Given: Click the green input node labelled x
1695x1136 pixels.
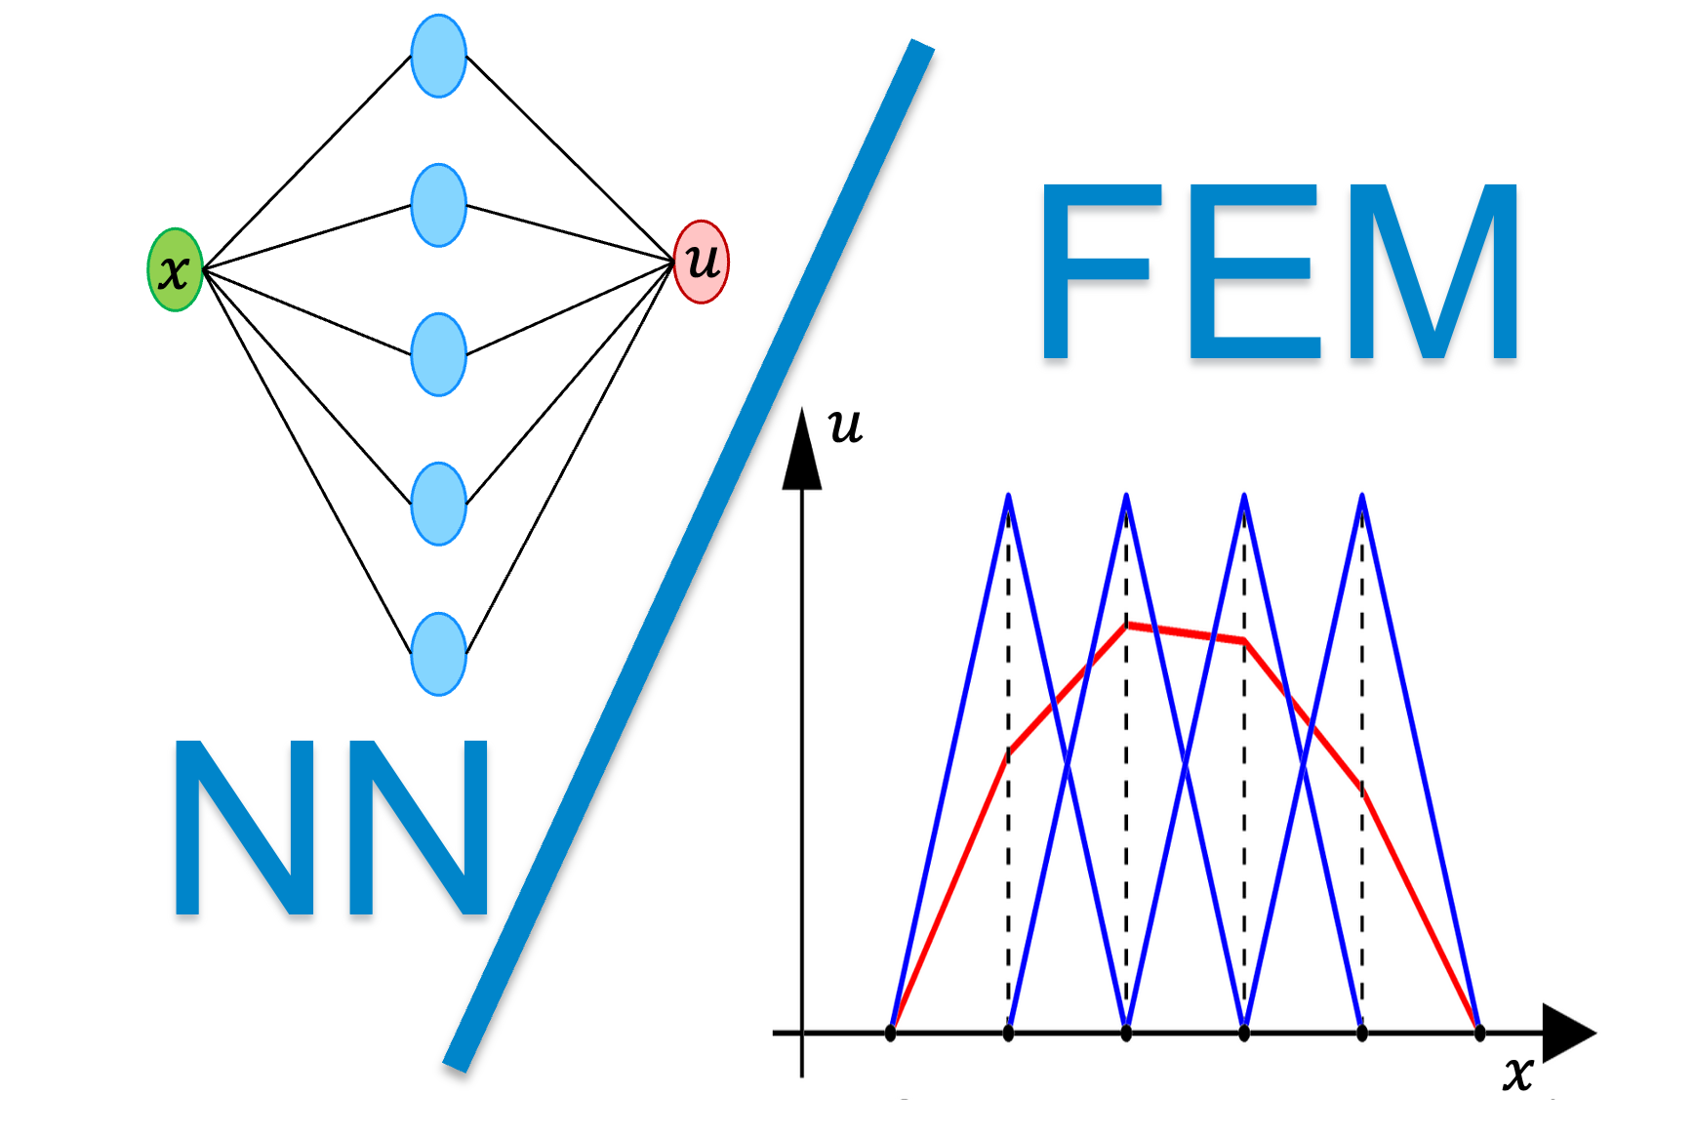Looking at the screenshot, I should pos(175,270).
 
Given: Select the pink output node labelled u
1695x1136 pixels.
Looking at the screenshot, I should pos(702,262).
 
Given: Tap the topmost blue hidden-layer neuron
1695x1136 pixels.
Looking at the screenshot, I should pos(438,56).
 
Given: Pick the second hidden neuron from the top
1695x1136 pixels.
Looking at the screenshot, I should pos(438,205).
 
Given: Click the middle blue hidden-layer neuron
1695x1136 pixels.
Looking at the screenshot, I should pos(438,354).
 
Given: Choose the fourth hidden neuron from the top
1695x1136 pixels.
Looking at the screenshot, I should pos(438,504).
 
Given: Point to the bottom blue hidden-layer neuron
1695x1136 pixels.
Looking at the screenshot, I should pos(438,654).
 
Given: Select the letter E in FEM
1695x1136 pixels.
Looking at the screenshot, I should pos(1253,271).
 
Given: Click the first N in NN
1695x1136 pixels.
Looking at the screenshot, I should pos(244,828).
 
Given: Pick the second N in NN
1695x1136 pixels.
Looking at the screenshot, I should pos(418,828).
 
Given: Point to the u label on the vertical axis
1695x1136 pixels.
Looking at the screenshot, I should pos(845,426).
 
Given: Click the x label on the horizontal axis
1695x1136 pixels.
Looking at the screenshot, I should pos(1517,1073).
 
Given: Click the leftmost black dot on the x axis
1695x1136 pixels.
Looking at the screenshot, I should pos(890,1033).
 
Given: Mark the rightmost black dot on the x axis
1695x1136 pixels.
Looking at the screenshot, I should pos(1479,1033).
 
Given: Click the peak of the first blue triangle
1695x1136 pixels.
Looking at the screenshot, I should pos(1008,499).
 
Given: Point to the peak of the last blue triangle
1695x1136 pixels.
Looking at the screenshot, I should pos(1361,499).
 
